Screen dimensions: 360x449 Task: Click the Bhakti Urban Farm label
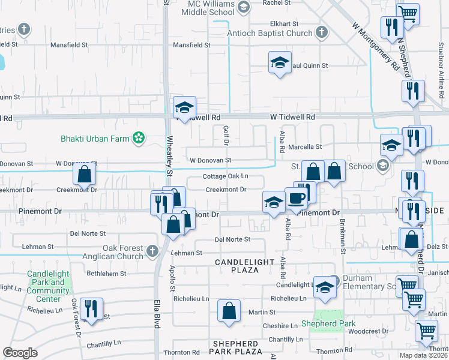(x=95, y=139)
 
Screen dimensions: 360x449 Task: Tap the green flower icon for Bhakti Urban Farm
(x=139, y=139)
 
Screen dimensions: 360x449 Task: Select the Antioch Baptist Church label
(x=270, y=34)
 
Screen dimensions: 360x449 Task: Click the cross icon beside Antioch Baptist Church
(x=322, y=32)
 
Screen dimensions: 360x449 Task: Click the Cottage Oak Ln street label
(x=225, y=176)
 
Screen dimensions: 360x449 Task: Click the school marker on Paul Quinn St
(x=279, y=62)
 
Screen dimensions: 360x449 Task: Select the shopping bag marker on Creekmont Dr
(x=85, y=175)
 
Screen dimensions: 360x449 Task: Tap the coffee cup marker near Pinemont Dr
(x=295, y=199)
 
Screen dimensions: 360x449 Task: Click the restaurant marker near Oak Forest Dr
(x=91, y=308)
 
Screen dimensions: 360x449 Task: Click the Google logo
(x=20, y=353)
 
